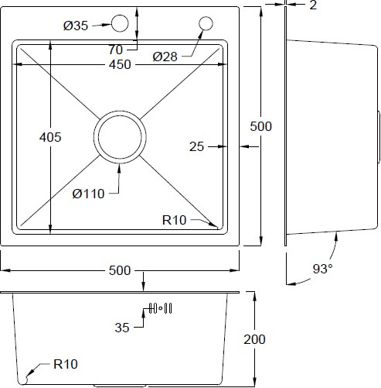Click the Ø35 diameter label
(76, 26)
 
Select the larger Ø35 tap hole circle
(120, 23)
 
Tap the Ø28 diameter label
(165, 57)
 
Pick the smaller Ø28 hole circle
(206, 23)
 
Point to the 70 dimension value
(115, 50)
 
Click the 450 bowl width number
(120, 64)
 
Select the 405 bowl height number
(50, 137)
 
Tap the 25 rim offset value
(196, 146)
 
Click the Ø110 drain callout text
(88, 194)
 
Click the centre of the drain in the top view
(120, 137)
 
